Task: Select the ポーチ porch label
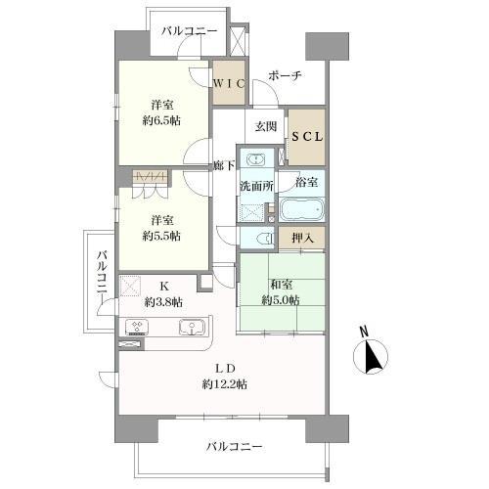point(285,75)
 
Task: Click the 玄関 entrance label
point(266,125)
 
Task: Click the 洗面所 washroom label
point(256,186)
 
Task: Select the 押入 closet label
point(303,238)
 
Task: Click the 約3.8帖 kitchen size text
point(162,301)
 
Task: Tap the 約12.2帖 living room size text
point(226,384)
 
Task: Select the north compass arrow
point(374,359)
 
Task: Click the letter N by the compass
point(362,331)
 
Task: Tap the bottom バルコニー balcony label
point(234,447)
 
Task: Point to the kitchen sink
point(189,327)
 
